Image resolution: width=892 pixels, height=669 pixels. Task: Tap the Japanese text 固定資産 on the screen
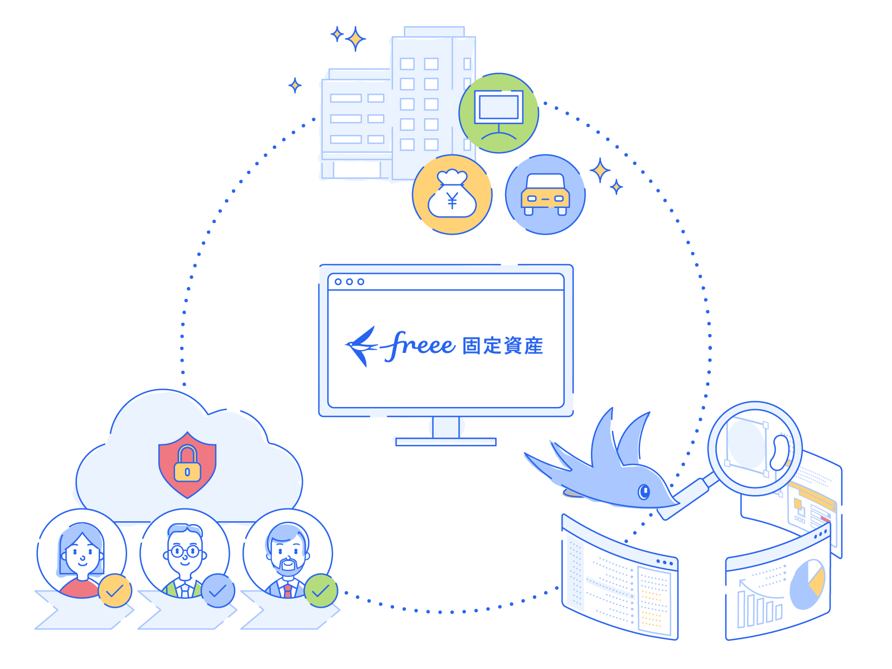click(x=502, y=346)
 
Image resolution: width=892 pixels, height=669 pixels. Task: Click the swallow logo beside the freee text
click(x=361, y=346)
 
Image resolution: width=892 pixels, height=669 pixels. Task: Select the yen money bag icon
click(x=452, y=195)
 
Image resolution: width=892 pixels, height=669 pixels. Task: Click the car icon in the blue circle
click(x=545, y=195)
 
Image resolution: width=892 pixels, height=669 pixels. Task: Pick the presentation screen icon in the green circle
click(x=498, y=113)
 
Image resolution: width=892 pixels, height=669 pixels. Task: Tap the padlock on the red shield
click(x=187, y=464)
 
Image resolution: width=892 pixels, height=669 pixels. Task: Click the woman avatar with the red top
click(x=81, y=554)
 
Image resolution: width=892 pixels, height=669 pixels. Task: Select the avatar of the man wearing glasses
click(x=185, y=554)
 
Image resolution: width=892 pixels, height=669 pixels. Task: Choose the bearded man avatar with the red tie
click(x=288, y=554)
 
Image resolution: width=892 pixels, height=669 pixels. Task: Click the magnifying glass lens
click(x=754, y=448)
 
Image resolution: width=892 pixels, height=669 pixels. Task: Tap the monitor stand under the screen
click(x=445, y=432)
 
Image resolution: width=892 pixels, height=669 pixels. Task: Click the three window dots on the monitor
click(x=349, y=282)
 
